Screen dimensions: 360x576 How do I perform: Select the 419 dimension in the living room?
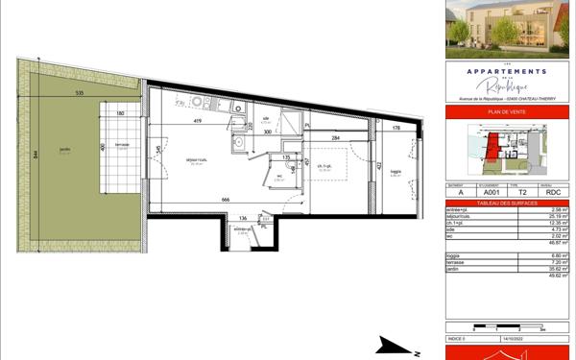196,123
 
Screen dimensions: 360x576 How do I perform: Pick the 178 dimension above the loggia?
396,127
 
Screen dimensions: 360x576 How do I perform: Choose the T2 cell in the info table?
520,193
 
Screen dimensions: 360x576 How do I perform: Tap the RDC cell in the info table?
551,193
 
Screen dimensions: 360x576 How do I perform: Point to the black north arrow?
389,343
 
